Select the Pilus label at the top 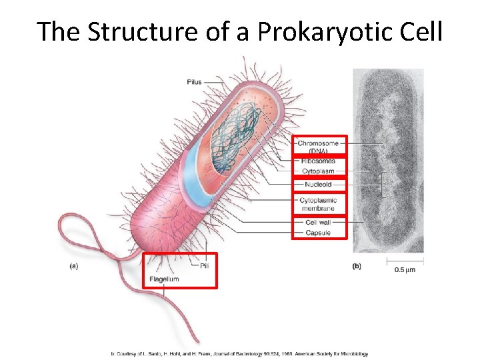tap(194, 82)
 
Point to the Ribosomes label tap(318, 161)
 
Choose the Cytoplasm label tap(318, 171)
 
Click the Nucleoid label tap(317, 185)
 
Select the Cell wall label tap(318, 223)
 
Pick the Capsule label tap(318, 233)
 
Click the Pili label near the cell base tap(204, 265)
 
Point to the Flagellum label tap(164, 279)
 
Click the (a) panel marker tap(74, 266)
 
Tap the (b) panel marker tap(357, 266)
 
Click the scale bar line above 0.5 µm tap(405, 261)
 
